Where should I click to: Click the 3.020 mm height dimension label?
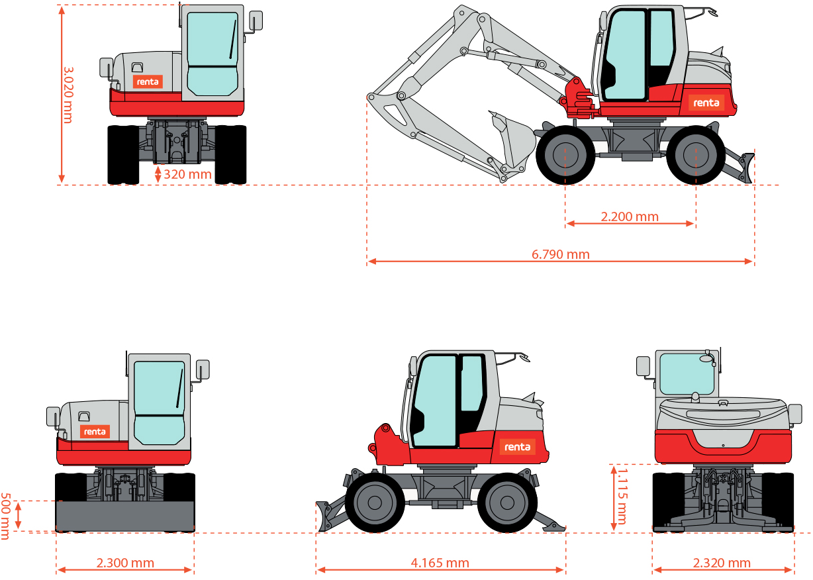(68, 95)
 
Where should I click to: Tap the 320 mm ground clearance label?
(187, 174)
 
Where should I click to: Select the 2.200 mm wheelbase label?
(630, 217)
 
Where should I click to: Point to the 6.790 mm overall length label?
(561, 254)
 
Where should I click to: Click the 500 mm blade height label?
(5, 516)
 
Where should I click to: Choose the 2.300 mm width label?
(125, 563)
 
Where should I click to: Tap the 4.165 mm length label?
(440, 563)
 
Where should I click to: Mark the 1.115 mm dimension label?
(622, 497)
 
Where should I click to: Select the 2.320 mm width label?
(722, 563)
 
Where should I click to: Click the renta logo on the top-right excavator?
(706, 103)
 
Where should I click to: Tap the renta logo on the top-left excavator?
(148, 81)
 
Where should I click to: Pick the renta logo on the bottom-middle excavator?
(518, 447)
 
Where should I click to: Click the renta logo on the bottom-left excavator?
(95, 432)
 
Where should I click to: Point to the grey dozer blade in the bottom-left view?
(125, 516)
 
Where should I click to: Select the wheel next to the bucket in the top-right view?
(565, 155)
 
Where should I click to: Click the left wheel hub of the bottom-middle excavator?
(375, 503)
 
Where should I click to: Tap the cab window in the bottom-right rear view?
(687, 374)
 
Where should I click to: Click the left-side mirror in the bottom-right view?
(643, 366)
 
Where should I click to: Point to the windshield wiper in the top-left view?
(232, 39)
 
